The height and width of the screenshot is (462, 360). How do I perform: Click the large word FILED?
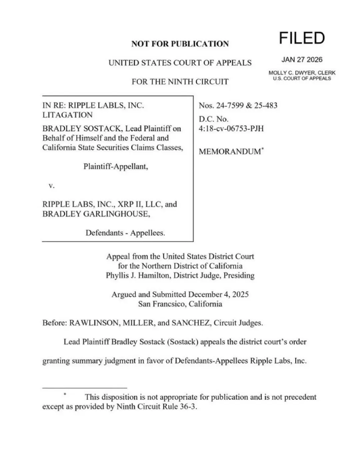pyautogui.click(x=302, y=38)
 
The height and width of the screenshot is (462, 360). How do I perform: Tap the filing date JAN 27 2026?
pyautogui.click(x=302, y=60)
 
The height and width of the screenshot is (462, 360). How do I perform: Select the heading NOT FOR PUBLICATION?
pyautogui.click(x=180, y=44)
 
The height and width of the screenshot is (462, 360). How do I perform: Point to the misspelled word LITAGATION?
pyautogui.click(x=67, y=115)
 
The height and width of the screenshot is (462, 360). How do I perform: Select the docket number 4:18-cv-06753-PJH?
pyautogui.click(x=231, y=129)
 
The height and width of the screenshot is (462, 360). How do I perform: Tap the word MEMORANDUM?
pyautogui.click(x=230, y=152)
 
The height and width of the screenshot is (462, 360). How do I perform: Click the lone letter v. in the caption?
pyautogui.click(x=51, y=186)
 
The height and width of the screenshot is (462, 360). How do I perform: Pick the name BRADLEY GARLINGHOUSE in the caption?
pyautogui.click(x=96, y=214)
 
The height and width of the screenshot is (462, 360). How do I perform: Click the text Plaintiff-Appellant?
pyautogui.click(x=116, y=166)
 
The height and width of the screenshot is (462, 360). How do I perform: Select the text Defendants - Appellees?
pyautogui.click(x=125, y=233)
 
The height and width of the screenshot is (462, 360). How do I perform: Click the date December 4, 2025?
pyautogui.click(x=218, y=294)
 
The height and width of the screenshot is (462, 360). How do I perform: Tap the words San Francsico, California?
pyautogui.click(x=180, y=304)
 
